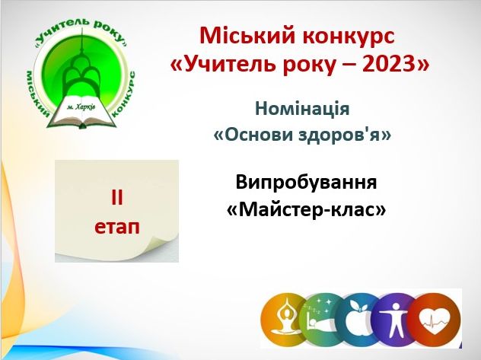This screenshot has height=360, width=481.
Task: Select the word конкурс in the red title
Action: [x=348, y=37]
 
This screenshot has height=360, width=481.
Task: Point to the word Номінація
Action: [x=302, y=108]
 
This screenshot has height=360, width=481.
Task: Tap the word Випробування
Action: [x=306, y=183]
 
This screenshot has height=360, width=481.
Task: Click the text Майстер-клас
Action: [x=306, y=210]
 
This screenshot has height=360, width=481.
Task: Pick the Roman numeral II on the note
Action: [x=116, y=198]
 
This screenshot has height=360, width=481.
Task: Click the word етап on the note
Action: [x=117, y=228]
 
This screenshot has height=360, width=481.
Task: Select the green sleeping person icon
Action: [x=321, y=320]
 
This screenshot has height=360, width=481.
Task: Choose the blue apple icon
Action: [x=358, y=320]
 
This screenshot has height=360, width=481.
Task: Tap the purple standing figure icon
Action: [x=393, y=320]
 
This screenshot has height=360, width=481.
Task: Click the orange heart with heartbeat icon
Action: [x=435, y=320]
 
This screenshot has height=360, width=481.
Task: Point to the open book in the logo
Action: [x=81, y=112]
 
